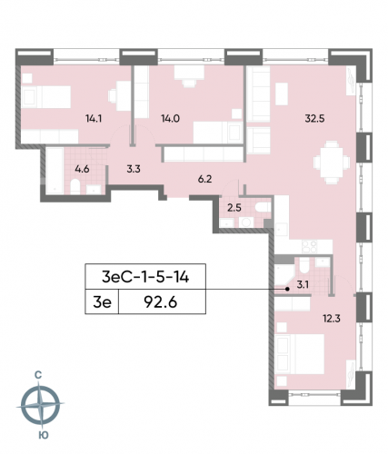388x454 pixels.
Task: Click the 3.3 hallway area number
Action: pos(133,166)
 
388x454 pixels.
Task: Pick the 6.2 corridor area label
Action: pos(204,180)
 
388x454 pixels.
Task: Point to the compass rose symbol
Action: pos(42,404)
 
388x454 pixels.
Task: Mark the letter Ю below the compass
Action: pos(42,437)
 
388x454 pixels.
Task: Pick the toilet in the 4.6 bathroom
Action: pos(72,187)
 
